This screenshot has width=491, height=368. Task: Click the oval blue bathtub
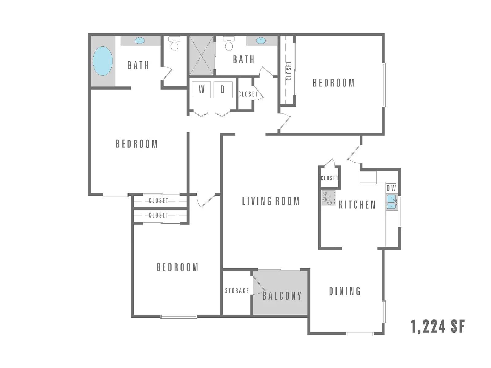102,61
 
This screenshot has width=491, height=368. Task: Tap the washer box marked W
201,90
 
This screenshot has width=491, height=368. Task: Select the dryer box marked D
223,90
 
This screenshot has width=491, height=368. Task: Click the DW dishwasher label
391,188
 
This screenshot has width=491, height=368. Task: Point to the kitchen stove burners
328,198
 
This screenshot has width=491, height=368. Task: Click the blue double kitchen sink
391,202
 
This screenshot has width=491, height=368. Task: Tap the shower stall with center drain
202,56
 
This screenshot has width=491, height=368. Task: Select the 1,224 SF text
438,326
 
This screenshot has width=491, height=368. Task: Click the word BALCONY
282,296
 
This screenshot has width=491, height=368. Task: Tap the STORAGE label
237,291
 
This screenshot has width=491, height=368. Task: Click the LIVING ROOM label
271,201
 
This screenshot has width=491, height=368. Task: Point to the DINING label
345,291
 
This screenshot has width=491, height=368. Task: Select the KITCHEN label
357,205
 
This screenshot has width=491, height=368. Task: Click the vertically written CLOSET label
289,71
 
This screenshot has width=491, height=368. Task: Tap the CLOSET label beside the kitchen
329,178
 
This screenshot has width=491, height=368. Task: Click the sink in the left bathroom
140,40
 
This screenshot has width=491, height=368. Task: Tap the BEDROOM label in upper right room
334,83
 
